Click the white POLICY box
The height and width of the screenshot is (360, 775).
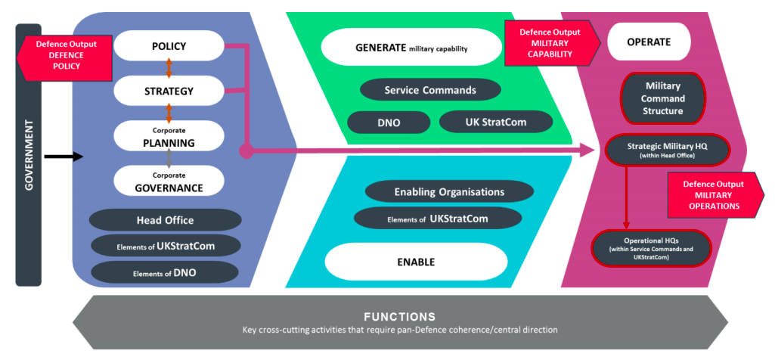[169, 46]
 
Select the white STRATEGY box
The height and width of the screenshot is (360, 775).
[169, 91]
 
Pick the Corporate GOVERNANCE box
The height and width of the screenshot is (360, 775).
[169, 181]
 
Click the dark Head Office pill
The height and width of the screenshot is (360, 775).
[165, 220]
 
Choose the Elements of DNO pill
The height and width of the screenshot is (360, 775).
[165, 272]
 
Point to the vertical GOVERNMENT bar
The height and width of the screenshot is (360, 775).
[28, 155]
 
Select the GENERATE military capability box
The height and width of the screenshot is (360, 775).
[411, 48]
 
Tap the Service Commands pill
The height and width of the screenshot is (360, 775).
[430, 90]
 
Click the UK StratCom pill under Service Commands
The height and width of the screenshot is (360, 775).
[495, 121]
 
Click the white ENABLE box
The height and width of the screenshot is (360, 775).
[415, 262]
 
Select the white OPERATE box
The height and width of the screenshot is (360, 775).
[649, 42]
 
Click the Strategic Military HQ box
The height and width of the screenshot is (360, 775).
[667, 149]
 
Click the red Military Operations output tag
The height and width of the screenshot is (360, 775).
[713, 195]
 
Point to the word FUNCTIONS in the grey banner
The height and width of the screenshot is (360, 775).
[398, 317]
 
